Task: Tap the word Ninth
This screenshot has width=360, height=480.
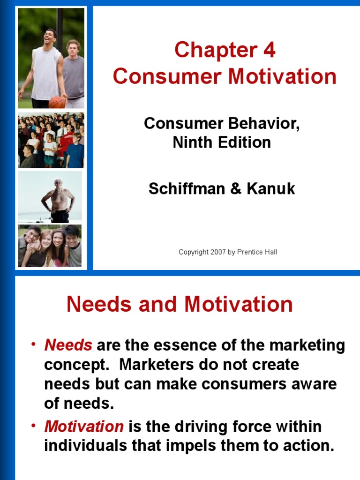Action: click(x=193, y=142)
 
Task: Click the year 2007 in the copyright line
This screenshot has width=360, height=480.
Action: click(x=218, y=252)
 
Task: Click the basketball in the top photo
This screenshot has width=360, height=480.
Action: click(x=57, y=102)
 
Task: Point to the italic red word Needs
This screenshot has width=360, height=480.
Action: click(x=68, y=346)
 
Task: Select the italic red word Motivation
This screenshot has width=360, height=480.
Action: click(x=84, y=427)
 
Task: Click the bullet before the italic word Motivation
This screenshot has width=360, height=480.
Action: click(x=34, y=426)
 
